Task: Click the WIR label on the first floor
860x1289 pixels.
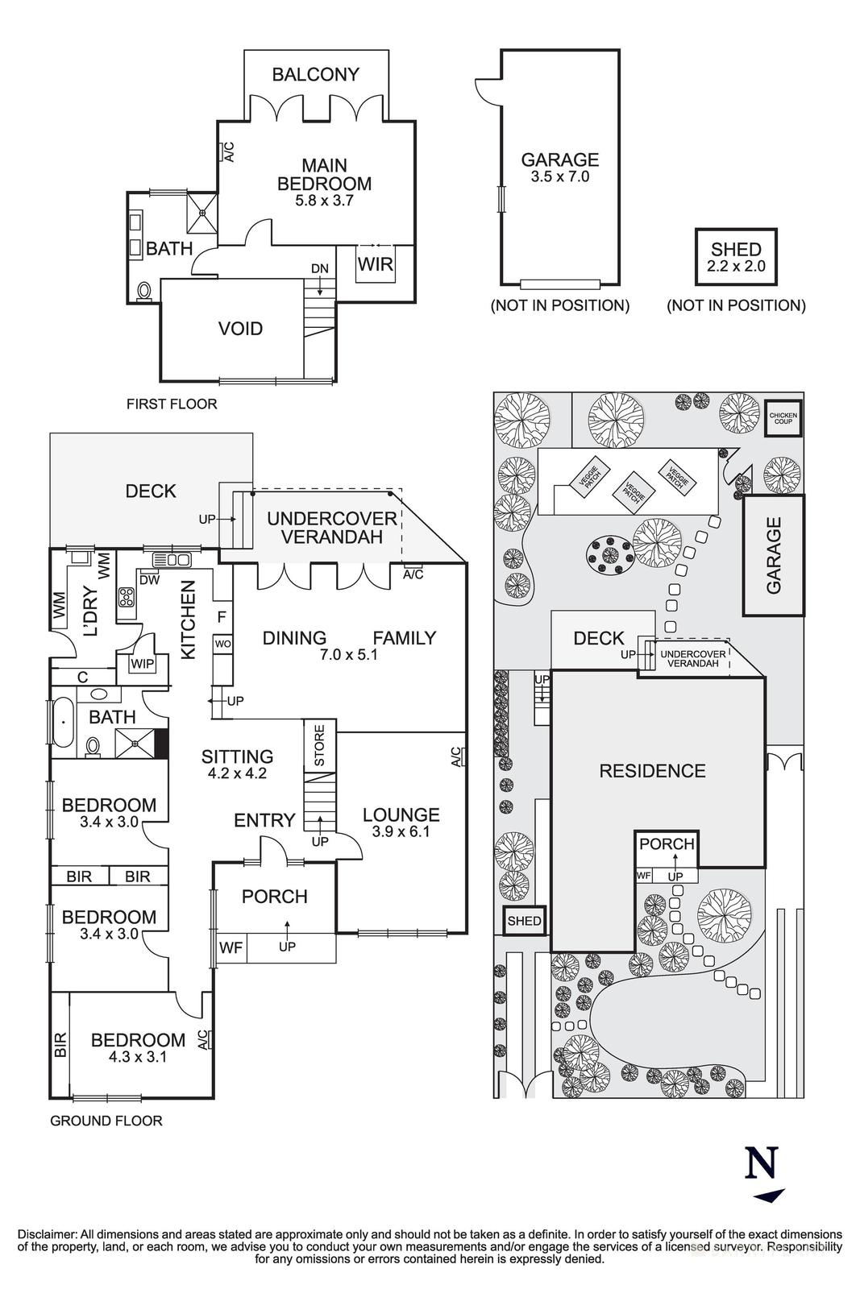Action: pyautogui.click(x=376, y=264)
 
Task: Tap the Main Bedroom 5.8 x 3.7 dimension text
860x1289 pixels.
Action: pyautogui.click(x=324, y=201)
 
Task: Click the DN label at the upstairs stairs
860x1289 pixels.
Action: pyautogui.click(x=320, y=268)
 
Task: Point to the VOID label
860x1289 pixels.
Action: pyautogui.click(x=241, y=329)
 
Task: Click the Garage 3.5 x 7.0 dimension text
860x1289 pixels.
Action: pyautogui.click(x=560, y=176)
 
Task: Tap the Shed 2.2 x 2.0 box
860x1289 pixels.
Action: pyautogui.click(x=737, y=257)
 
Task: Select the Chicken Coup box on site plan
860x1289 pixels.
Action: pyautogui.click(x=783, y=418)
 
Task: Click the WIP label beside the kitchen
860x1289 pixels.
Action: pyautogui.click(x=142, y=664)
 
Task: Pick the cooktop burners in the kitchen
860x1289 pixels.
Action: pyautogui.click(x=127, y=597)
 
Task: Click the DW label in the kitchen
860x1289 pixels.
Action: pyautogui.click(x=148, y=578)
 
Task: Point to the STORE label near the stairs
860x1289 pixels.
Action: pyautogui.click(x=319, y=745)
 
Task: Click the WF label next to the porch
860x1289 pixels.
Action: pyautogui.click(x=231, y=947)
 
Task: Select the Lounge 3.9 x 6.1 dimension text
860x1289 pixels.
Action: pyautogui.click(x=401, y=831)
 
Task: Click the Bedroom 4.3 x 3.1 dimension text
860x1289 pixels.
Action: pyautogui.click(x=137, y=1057)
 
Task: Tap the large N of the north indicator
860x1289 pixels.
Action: pyautogui.click(x=762, y=1163)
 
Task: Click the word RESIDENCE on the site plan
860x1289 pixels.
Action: pyautogui.click(x=652, y=771)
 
